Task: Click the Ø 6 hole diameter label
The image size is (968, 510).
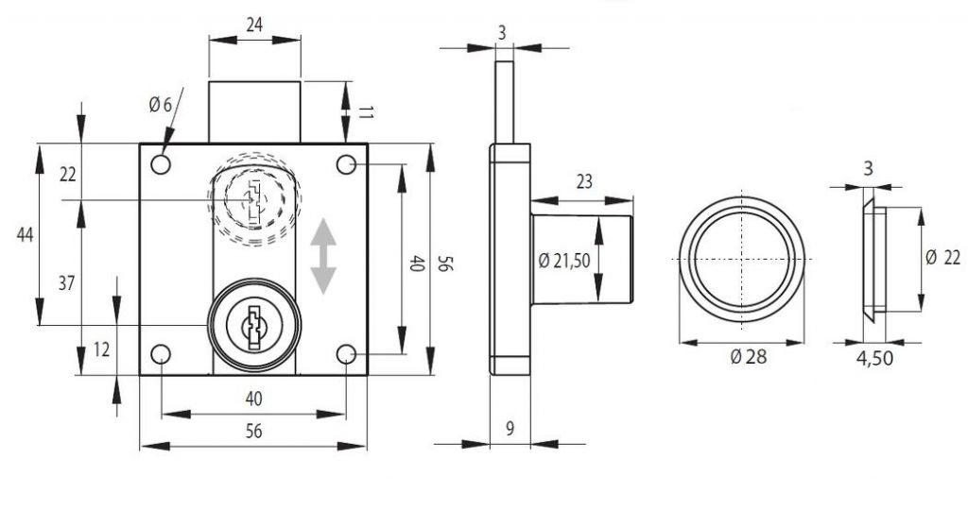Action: tap(160, 105)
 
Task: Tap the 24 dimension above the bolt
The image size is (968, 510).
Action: tap(254, 25)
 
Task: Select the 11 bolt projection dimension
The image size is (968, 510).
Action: tap(366, 112)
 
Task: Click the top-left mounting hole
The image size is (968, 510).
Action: tap(161, 164)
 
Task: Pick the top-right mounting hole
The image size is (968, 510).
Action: tap(346, 164)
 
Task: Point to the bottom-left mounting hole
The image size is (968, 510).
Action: tap(161, 354)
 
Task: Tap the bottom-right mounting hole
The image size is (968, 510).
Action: tap(346, 354)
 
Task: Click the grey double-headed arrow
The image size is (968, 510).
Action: tap(323, 256)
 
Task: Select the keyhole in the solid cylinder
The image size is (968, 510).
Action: tap(253, 326)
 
